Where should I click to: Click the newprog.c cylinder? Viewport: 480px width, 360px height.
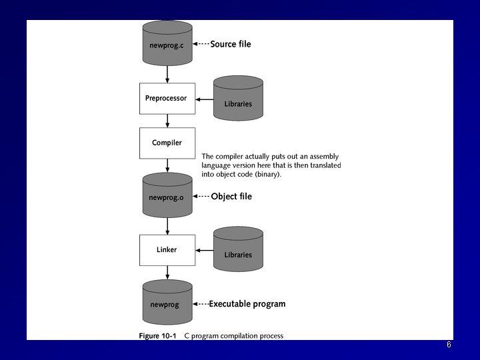pyautogui.click(x=167, y=44)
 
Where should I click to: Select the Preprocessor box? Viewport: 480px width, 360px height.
pyautogui.click(x=167, y=99)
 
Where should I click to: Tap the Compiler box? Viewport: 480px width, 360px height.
pyautogui.click(x=167, y=143)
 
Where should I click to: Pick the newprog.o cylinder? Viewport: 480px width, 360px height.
pyautogui.click(x=167, y=196)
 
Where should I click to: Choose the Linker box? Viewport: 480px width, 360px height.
pyautogui.click(x=167, y=249)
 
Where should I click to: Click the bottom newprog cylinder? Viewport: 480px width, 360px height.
pyautogui.click(x=167, y=303)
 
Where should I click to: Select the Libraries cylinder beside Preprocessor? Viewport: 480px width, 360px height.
pyautogui.click(x=238, y=100)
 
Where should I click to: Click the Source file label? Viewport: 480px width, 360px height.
pyautogui.click(x=231, y=45)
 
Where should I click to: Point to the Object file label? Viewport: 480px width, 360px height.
pyautogui.click(x=231, y=197)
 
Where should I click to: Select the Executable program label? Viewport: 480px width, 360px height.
pyautogui.click(x=247, y=304)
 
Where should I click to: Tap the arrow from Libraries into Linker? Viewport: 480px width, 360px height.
pyautogui.click(x=204, y=251)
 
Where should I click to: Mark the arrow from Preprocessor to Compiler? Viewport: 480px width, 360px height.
pyautogui.click(x=167, y=121)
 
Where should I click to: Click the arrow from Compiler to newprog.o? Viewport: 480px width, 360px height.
pyautogui.click(x=167, y=166)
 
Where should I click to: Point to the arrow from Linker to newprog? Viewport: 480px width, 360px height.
pyautogui.click(x=167, y=273)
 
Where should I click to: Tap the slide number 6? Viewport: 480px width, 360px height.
pyautogui.click(x=449, y=345)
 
